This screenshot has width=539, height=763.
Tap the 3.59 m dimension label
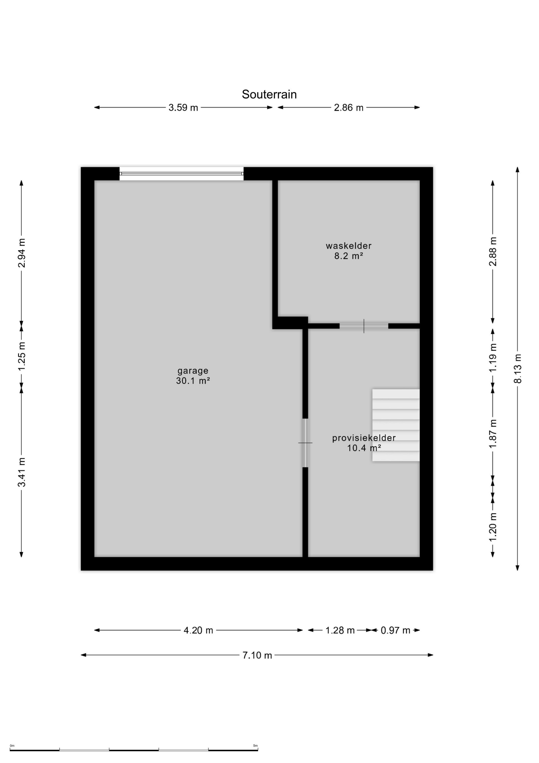click(x=183, y=108)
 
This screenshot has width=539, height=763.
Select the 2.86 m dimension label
click(x=349, y=108)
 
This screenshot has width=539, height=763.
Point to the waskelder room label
click(x=348, y=246)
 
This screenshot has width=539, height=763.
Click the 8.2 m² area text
click(x=348, y=256)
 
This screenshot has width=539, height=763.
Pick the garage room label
click(x=193, y=371)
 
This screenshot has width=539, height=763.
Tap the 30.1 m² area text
click(x=193, y=381)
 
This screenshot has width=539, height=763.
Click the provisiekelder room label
click(x=364, y=438)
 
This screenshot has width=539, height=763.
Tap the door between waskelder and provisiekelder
click(x=364, y=326)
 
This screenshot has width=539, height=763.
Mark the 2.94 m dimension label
click(x=22, y=253)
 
